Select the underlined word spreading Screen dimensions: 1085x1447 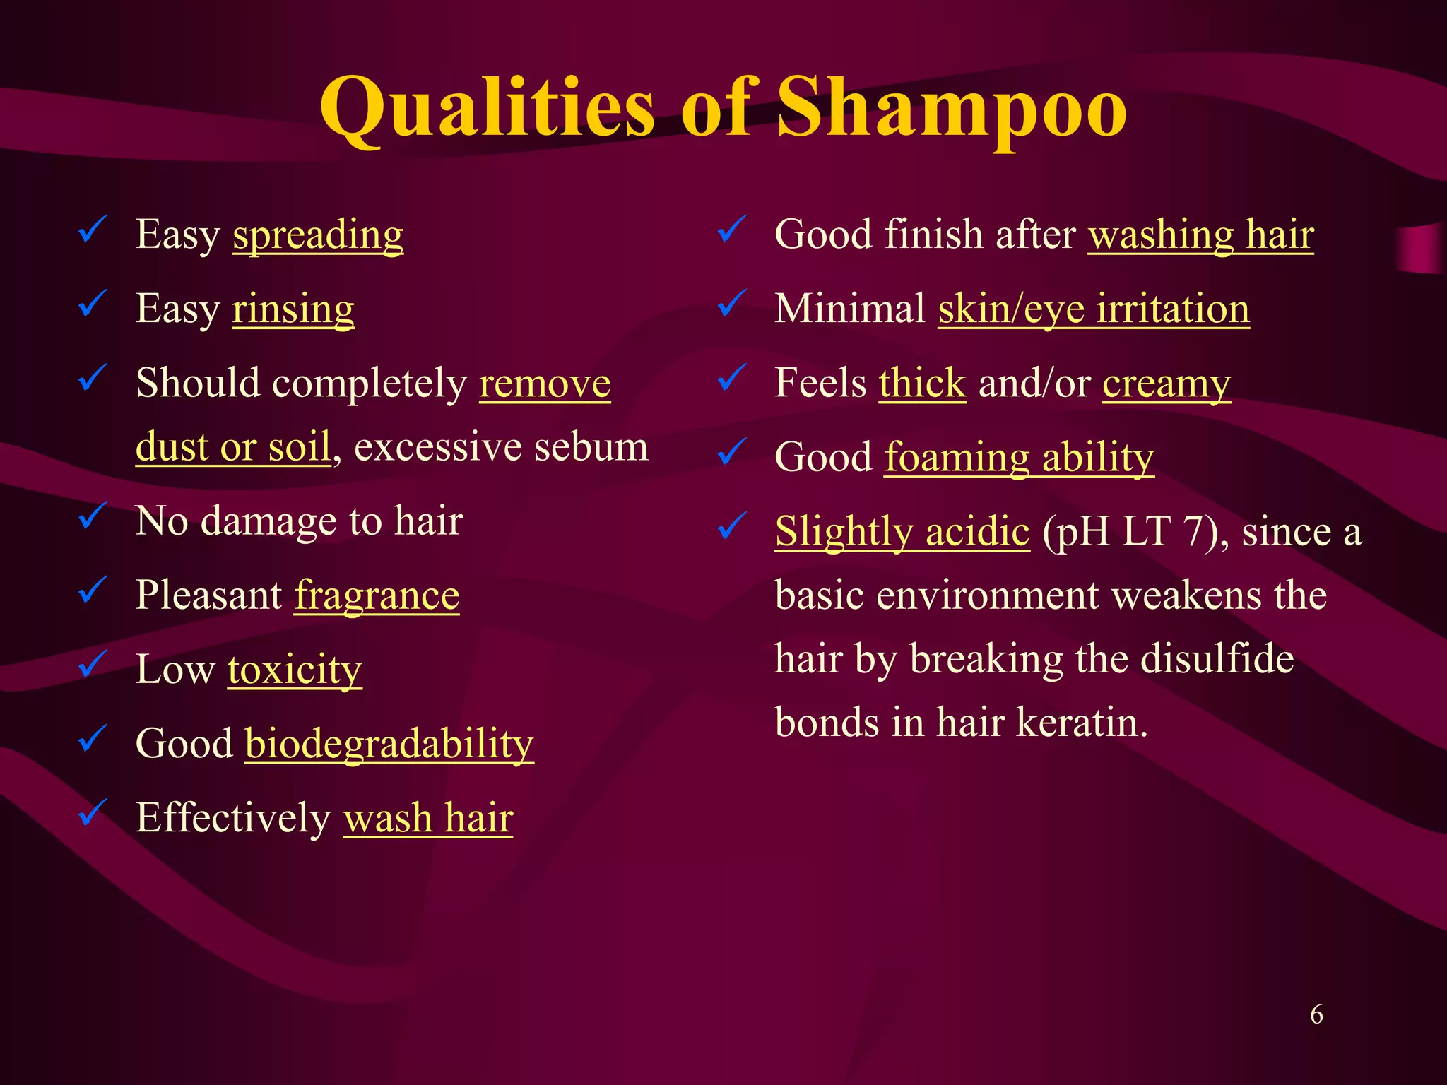[x=318, y=235]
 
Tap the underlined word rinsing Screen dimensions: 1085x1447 [x=293, y=309]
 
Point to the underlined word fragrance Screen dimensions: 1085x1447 [x=377, y=595]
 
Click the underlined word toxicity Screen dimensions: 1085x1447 [x=295, y=669]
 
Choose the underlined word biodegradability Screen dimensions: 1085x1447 [x=389, y=744]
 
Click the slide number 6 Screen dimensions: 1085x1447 [x=1316, y=1014]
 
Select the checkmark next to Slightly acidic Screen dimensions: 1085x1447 [x=732, y=526]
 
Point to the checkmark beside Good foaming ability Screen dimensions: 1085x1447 [x=732, y=452]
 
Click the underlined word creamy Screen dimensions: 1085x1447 [x=1167, y=384]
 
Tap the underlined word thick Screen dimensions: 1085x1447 [x=922, y=383]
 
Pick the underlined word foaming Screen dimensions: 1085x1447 [x=957, y=458]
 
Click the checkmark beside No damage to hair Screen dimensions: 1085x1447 [x=93, y=516]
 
